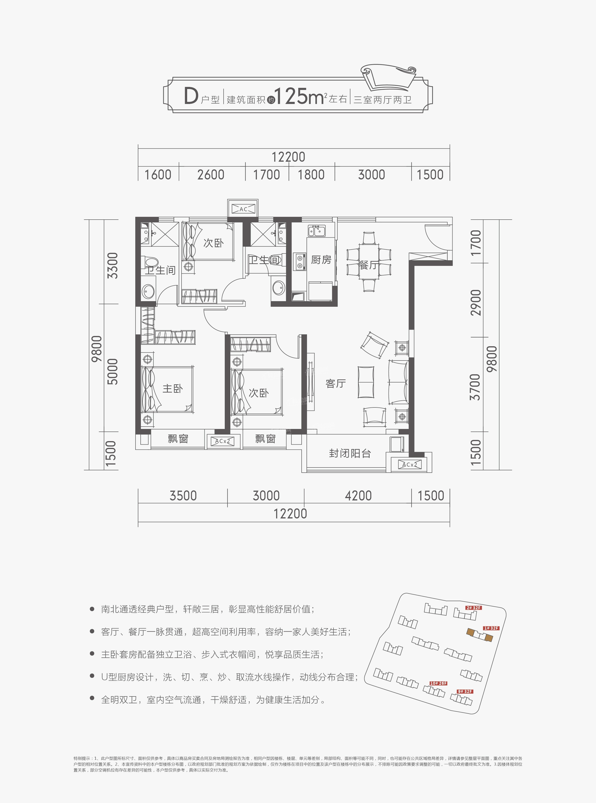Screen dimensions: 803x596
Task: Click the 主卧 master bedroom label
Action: coord(172,389)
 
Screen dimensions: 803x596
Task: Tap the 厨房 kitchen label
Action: coord(321,260)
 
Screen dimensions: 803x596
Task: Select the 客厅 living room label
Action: coord(335,383)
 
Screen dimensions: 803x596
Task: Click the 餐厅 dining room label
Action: coord(368,265)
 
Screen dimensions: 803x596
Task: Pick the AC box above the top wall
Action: coord(243,209)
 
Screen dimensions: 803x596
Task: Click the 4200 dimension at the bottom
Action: coord(358,496)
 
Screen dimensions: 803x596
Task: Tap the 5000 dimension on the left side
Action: coord(113,371)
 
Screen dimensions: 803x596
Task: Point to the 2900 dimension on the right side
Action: coord(476,302)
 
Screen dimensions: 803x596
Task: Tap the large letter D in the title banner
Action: coord(191,96)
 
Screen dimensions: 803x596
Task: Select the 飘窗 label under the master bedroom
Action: coord(178,439)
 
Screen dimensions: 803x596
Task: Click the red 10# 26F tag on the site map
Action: coord(438,683)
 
